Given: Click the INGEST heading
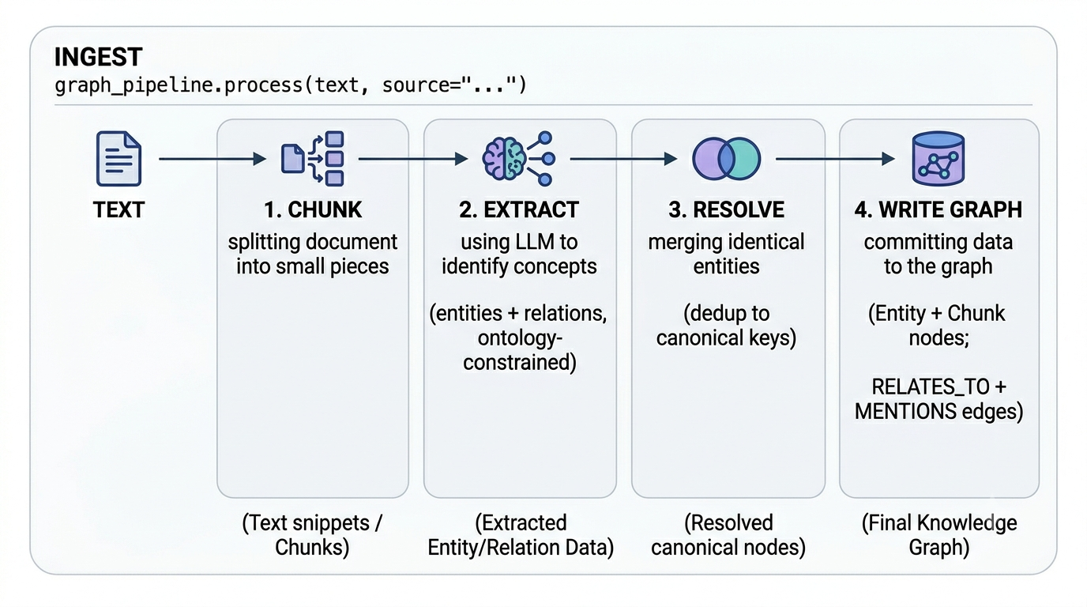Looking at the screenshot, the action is click(98, 57).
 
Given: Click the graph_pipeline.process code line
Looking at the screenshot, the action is click(290, 85).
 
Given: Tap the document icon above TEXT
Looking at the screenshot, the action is click(118, 158).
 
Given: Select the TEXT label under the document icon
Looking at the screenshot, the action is click(118, 209).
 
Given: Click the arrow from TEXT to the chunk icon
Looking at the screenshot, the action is click(213, 158).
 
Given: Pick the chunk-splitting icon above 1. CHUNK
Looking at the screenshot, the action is click(313, 158).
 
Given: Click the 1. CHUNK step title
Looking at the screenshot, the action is click(313, 209).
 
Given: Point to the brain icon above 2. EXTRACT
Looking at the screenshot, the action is click(519, 158).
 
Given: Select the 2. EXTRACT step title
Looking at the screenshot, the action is click(519, 209).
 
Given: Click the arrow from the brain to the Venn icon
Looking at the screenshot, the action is click(623, 158).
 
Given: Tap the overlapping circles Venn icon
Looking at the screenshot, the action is click(727, 158).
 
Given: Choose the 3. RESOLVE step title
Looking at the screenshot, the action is click(727, 209).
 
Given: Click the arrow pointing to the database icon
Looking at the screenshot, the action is click(835, 158).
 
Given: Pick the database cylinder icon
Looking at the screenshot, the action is click(938, 158).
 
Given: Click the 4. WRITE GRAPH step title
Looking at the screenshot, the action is click(938, 209).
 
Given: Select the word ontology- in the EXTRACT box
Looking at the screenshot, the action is click(520, 338).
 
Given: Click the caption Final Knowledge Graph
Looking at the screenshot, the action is click(939, 535).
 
